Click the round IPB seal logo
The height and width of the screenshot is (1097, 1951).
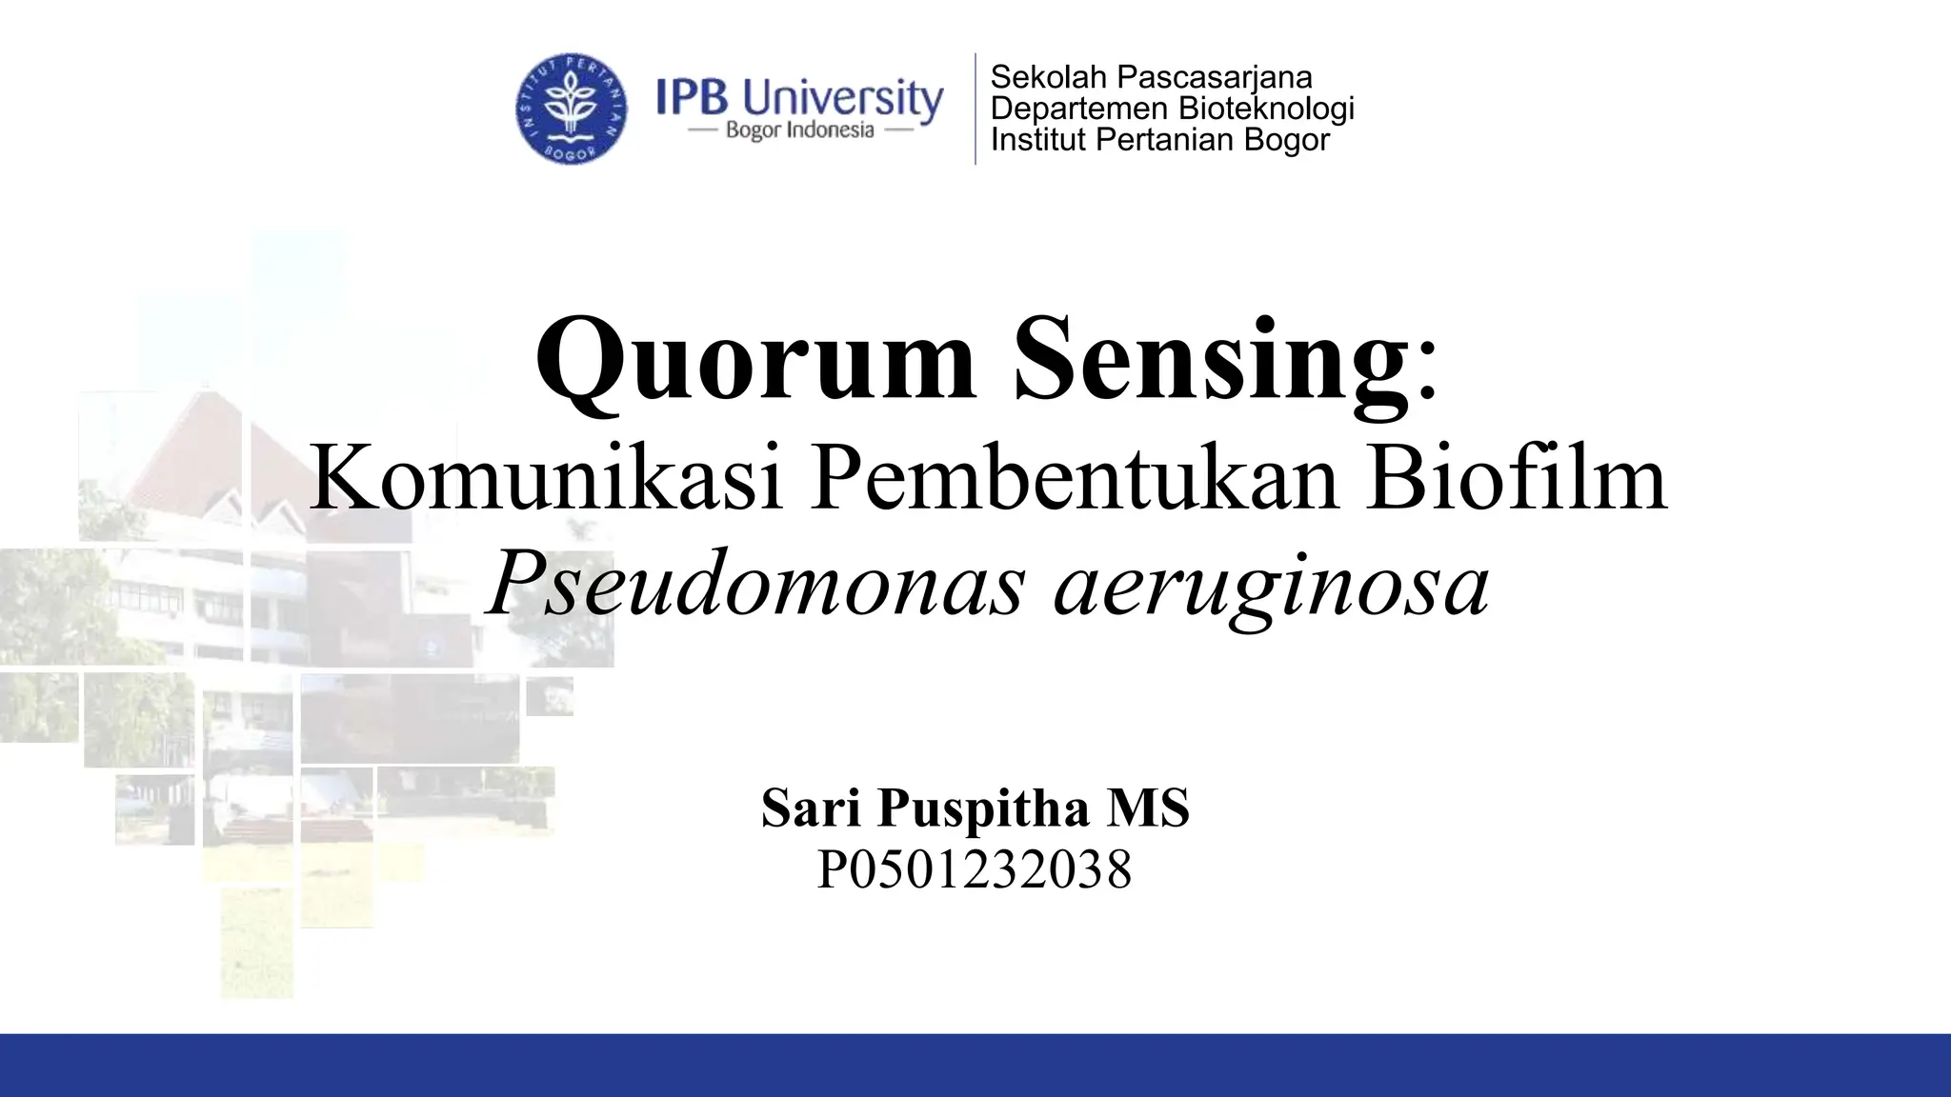(x=572, y=108)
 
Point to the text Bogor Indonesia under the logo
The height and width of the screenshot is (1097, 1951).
(x=799, y=130)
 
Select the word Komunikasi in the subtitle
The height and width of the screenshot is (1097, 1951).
(x=547, y=479)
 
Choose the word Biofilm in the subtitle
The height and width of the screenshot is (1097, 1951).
(x=1517, y=479)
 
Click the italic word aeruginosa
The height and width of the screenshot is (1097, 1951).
(x=1271, y=586)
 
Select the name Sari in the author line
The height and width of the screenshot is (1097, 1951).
(x=813, y=808)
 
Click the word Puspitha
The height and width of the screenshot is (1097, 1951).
(x=983, y=810)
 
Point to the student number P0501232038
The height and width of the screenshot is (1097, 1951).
(x=975, y=869)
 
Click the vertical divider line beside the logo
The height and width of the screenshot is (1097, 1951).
(x=975, y=109)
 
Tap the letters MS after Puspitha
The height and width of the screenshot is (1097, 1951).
(x=1148, y=808)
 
